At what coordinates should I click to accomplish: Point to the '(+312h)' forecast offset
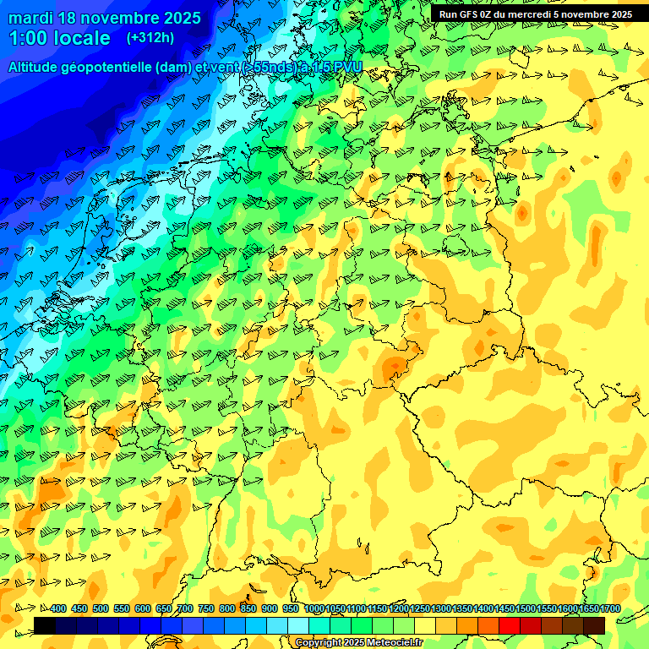(150, 38)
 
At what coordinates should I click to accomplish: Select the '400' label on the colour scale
(58, 609)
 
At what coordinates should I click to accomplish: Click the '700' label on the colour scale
(185, 609)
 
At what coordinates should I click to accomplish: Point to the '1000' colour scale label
(314, 609)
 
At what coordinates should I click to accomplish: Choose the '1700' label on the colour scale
(610, 609)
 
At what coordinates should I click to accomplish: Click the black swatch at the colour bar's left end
(45, 625)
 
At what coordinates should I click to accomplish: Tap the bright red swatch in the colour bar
(510, 625)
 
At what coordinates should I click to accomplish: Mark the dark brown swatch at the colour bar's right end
(594, 625)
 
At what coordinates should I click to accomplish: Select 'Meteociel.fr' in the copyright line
(395, 643)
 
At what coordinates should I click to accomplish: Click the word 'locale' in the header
(81, 39)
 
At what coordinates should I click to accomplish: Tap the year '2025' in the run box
(620, 14)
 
